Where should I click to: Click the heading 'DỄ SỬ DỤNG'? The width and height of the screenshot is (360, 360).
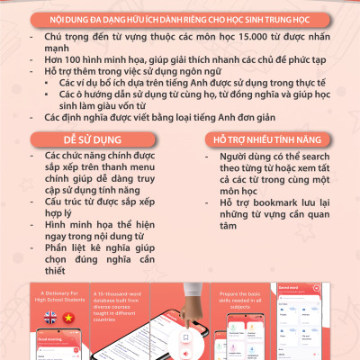[91, 141]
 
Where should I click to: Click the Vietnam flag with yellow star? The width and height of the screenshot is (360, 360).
[71, 318]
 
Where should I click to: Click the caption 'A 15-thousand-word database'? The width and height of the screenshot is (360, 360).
[140, 298]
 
